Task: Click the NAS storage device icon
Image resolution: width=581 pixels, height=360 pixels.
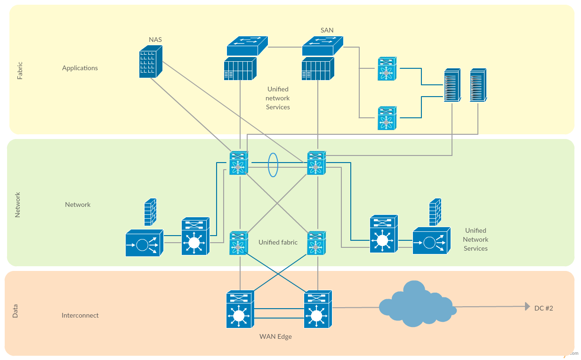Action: tap(150, 62)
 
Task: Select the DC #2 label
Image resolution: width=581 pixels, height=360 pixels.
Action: tap(543, 308)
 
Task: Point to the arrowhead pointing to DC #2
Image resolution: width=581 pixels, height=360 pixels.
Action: tap(527, 307)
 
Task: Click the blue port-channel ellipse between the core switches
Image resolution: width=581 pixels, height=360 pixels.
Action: tap(273, 165)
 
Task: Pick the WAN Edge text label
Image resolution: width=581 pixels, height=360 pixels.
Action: tap(275, 336)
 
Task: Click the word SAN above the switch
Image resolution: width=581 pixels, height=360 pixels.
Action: tap(327, 30)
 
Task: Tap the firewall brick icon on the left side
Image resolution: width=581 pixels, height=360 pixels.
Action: tap(150, 213)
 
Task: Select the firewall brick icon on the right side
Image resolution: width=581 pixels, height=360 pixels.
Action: tap(435, 212)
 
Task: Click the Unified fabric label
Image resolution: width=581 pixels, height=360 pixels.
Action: tap(278, 242)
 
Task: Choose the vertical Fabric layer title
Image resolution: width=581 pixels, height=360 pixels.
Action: tap(20, 70)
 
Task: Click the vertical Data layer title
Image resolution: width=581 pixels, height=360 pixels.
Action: tap(15, 311)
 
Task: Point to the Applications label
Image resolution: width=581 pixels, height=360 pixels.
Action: tap(80, 68)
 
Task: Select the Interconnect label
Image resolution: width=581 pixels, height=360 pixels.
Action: tap(80, 315)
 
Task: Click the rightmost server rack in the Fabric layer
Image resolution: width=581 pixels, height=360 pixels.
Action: tap(477, 85)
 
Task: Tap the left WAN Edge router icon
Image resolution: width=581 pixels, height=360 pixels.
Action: tap(240, 310)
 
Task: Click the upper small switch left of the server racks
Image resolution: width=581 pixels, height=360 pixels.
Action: tap(387, 69)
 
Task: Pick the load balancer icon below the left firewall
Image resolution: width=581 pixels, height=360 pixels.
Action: tap(144, 243)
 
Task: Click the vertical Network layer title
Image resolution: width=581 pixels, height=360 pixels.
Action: tap(18, 205)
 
